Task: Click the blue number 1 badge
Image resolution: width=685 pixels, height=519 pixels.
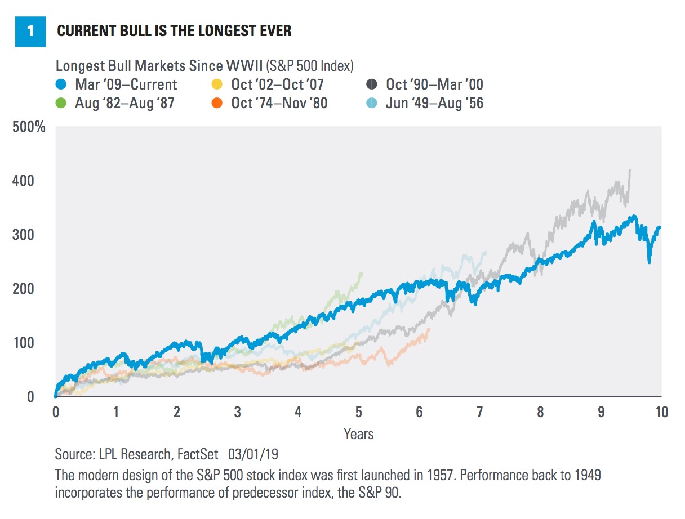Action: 30,30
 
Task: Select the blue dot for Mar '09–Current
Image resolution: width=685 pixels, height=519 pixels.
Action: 64,85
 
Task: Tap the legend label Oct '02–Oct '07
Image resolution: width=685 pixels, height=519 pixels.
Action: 277,85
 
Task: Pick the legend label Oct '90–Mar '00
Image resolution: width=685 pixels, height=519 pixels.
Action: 434,85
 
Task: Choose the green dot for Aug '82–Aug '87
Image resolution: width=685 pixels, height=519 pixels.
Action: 64,104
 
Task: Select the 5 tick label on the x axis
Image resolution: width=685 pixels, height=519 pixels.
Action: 358,412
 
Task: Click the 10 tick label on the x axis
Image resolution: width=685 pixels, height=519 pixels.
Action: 661,412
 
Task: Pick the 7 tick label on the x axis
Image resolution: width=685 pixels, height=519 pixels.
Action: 480,412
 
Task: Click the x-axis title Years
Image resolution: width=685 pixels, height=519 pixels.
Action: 358,434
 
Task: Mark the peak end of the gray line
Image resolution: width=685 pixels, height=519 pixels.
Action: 629,171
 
